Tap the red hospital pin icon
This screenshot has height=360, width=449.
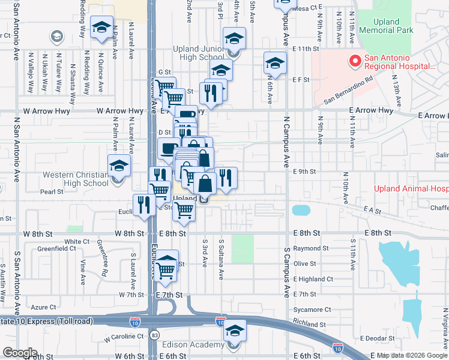tap(355, 61)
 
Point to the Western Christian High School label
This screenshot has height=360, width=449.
tap(67, 179)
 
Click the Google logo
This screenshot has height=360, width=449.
tap(20, 353)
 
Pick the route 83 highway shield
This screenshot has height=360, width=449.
tap(155, 332)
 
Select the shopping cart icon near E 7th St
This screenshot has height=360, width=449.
tap(166, 266)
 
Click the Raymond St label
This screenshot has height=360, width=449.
tap(312, 248)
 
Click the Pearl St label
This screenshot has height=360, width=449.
tap(52, 192)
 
